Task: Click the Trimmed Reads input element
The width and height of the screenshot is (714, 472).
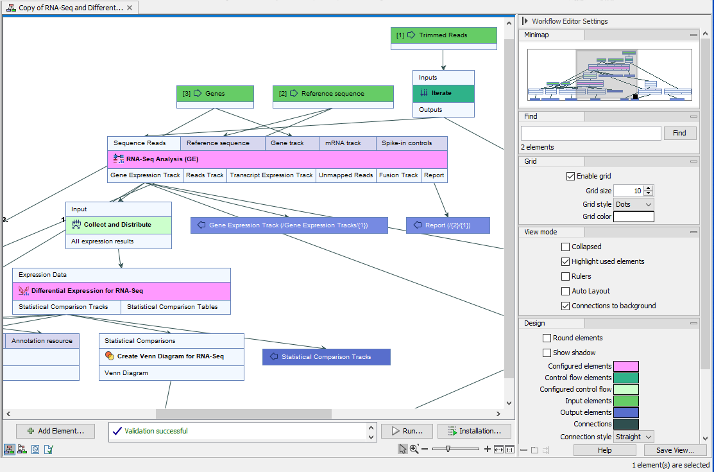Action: tap(443, 35)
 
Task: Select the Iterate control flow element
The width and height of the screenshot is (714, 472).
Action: tap(443, 93)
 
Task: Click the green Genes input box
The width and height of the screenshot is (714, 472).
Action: tap(215, 94)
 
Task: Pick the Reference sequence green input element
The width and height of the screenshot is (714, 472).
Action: tap(332, 94)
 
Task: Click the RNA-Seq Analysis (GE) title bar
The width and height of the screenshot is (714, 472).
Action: tap(277, 159)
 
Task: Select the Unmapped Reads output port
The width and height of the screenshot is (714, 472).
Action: tap(346, 175)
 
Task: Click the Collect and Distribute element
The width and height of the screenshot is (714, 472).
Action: tap(119, 225)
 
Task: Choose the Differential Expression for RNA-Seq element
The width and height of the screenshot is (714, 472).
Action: tap(121, 291)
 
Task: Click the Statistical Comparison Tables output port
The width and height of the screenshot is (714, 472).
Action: tap(173, 307)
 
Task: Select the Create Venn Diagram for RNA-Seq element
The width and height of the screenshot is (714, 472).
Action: tap(171, 356)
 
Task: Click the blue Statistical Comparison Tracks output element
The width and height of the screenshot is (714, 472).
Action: tap(326, 357)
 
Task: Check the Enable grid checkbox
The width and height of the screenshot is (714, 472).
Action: tap(570, 176)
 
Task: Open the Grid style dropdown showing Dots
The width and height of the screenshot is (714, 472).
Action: tap(633, 204)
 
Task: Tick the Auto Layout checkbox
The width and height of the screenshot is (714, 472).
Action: tap(565, 291)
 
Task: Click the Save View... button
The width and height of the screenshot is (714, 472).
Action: tap(675, 450)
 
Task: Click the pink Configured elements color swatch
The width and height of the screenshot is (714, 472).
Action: tap(626, 366)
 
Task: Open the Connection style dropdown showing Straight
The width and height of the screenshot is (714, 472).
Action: tap(633, 437)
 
